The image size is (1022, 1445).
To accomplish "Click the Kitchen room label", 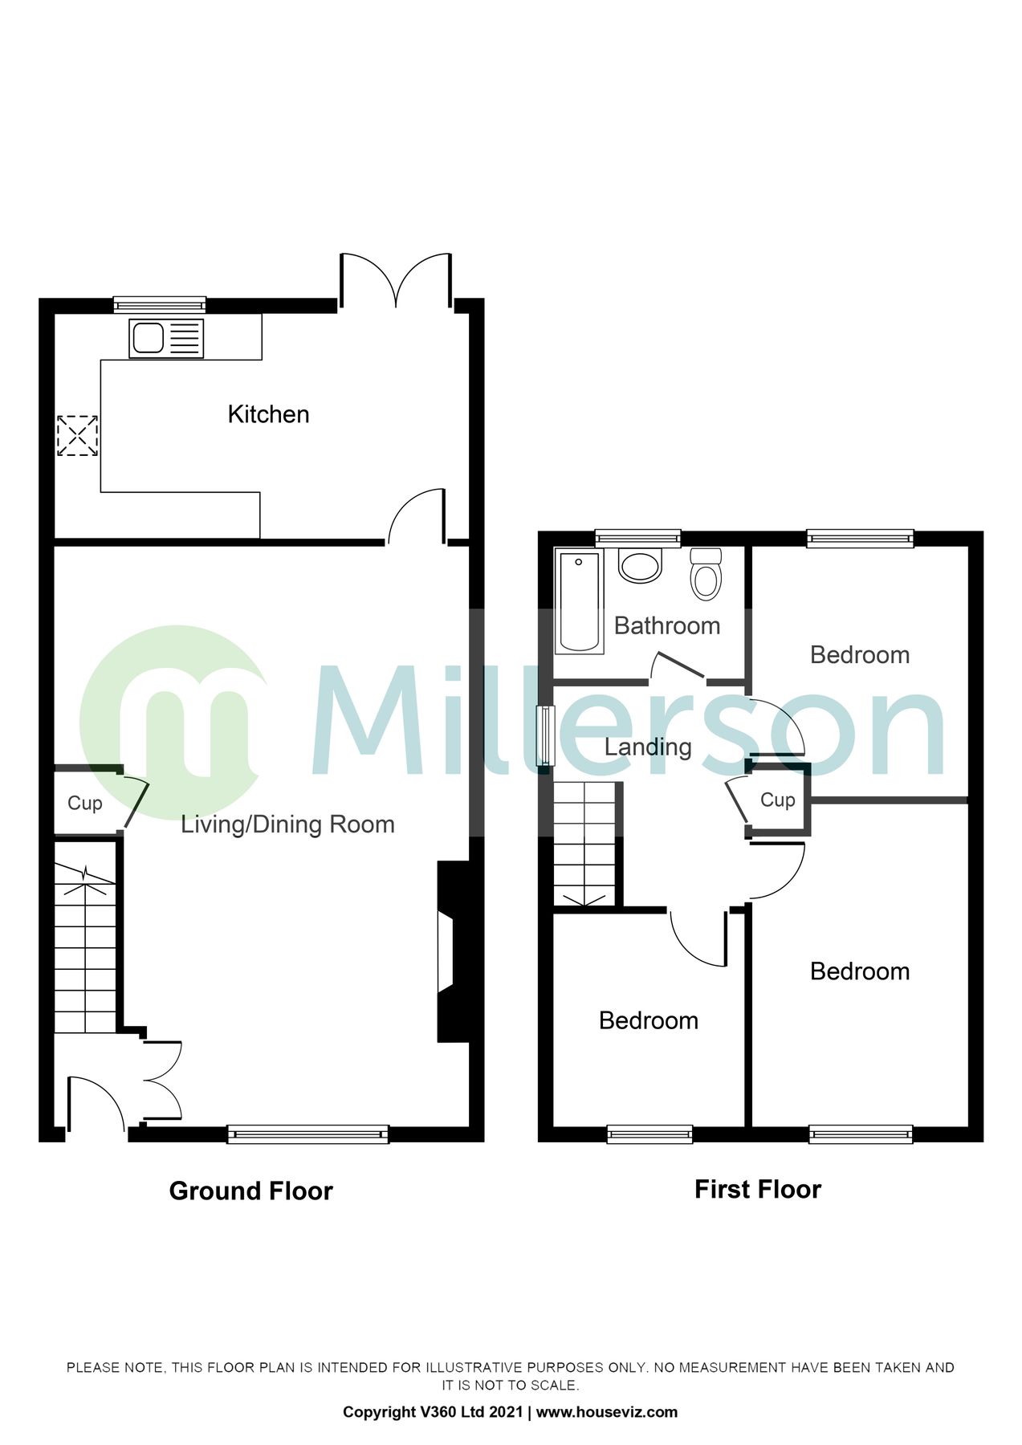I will click(x=268, y=414).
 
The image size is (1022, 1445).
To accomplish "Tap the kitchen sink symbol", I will click(x=166, y=338).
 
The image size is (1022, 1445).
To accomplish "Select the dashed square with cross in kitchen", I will click(x=78, y=436).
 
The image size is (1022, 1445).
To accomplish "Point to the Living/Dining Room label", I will click(x=287, y=824).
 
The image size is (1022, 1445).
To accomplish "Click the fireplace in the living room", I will click(x=450, y=952).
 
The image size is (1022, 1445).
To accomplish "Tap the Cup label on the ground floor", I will click(x=84, y=804).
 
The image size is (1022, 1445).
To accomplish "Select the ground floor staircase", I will click(x=85, y=947).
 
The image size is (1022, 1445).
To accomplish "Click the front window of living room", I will click(x=307, y=1134).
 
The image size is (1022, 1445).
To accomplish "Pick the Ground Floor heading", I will click(x=250, y=1191).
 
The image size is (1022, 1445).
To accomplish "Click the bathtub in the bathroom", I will click(x=579, y=601).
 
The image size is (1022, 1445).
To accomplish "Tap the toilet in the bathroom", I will click(x=706, y=574).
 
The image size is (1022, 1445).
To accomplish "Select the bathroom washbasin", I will click(x=640, y=565).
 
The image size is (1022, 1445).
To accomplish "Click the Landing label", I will click(x=647, y=747).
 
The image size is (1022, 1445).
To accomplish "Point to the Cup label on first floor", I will click(x=777, y=800).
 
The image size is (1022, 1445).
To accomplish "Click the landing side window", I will click(x=546, y=735).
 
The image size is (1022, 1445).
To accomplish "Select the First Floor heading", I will click(x=757, y=1189).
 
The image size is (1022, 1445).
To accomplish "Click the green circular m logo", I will click(x=173, y=720).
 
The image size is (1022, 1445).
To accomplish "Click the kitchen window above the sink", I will click(x=159, y=304).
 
